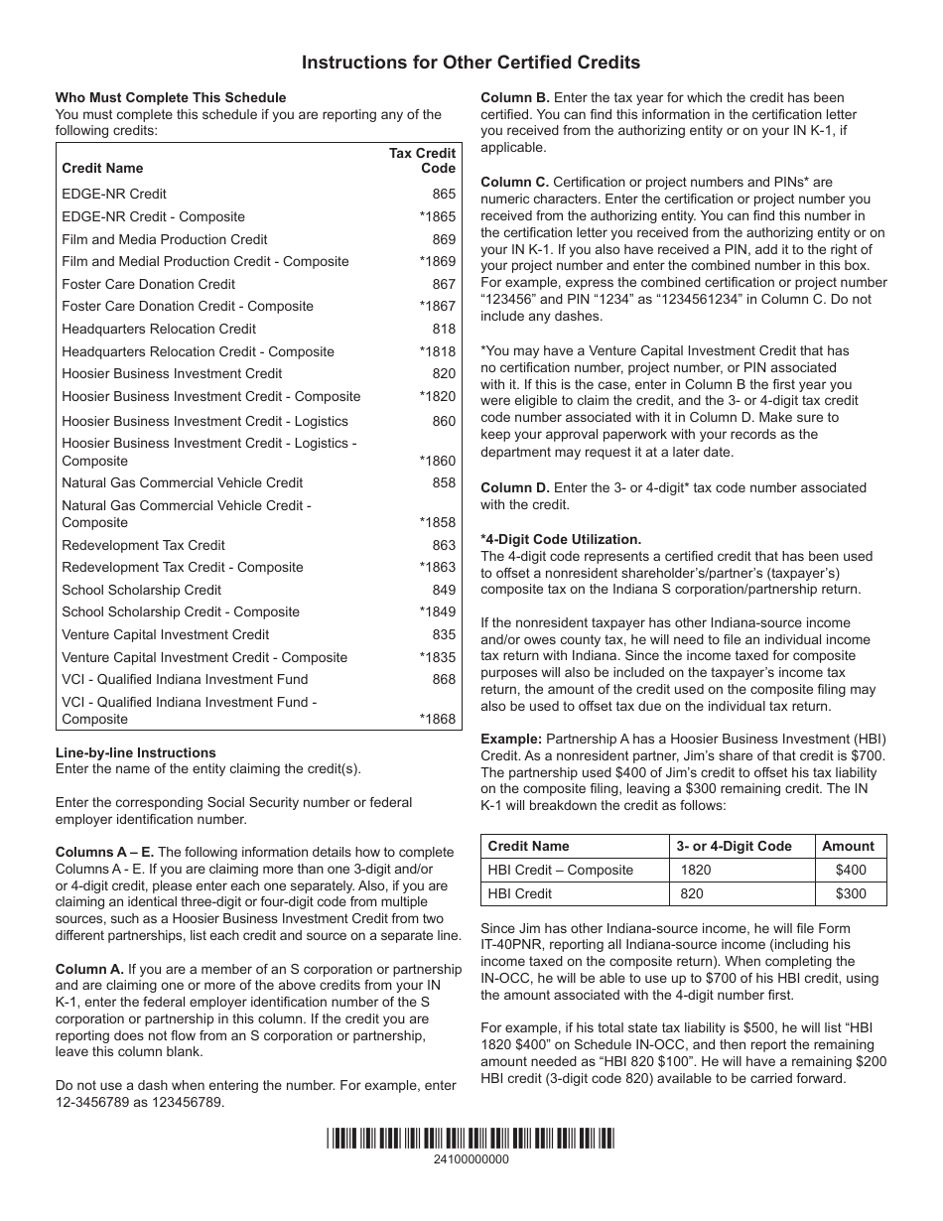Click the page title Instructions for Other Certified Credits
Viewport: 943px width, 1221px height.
pyautogui.click(x=471, y=63)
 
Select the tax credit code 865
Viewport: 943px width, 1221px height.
pyautogui.click(x=444, y=194)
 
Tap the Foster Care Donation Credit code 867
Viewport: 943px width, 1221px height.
pyautogui.click(x=444, y=284)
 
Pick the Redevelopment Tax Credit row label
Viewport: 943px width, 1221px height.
pyautogui.click(x=143, y=545)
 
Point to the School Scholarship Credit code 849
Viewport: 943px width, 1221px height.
pyautogui.click(x=444, y=590)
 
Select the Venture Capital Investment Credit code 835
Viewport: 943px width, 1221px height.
pyautogui.click(x=444, y=634)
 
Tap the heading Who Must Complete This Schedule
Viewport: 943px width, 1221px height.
pyautogui.click(x=171, y=97)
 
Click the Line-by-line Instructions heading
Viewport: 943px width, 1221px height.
pyautogui.click(x=135, y=752)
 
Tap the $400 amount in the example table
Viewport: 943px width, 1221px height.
pyautogui.click(x=851, y=870)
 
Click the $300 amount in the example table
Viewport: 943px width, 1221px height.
pyautogui.click(x=851, y=893)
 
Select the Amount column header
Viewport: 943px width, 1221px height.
pyautogui.click(x=848, y=846)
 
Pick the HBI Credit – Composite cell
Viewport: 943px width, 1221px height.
pyautogui.click(x=561, y=870)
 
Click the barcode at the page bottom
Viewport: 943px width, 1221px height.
pyautogui.click(x=471, y=1138)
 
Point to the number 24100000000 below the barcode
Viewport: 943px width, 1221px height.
pyautogui.click(x=471, y=1158)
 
